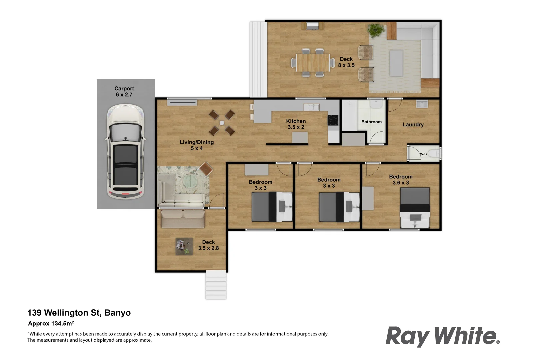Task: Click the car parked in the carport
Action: pyautogui.click(x=126, y=152)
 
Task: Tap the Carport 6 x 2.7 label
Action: pyautogui.click(x=124, y=92)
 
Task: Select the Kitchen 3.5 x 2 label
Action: pyautogui.click(x=296, y=124)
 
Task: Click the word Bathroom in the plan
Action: pyautogui.click(x=371, y=122)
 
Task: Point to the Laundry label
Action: pyautogui.click(x=413, y=125)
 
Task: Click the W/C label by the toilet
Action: pyautogui.click(x=423, y=154)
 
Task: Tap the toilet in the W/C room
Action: pyautogui.click(x=434, y=154)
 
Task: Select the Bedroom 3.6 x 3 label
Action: pyautogui.click(x=400, y=180)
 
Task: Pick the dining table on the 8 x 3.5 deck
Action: pyautogui.click(x=312, y=62)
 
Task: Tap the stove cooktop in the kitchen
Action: pyautogui.click(x=333, y=120)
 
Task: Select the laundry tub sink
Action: pyautogui.click(x=422, y=104)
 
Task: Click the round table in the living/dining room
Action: pyautogui.click(x=222, y=123)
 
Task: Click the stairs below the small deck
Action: pyautogui.click(x=216, y=285)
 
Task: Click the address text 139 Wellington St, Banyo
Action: pyautogui.click(x=79, y=313)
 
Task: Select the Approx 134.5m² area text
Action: pyautogui.click(x=51, y=323)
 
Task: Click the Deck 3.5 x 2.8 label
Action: pyautogui.click(x=208, y=245)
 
